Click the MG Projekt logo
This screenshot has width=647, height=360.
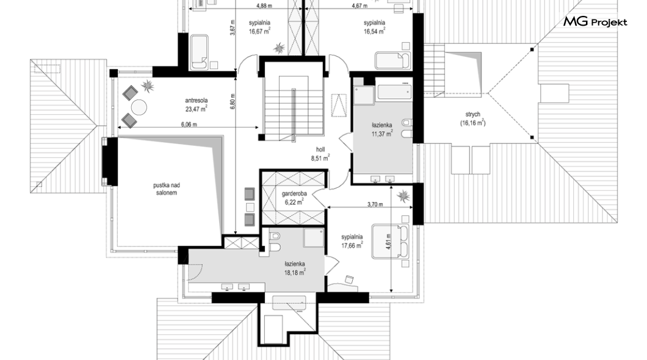point(595,21)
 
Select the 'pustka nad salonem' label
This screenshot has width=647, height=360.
point(166,189)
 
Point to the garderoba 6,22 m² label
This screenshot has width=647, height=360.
point(294,198)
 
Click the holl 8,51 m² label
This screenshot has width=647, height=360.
point(320,153)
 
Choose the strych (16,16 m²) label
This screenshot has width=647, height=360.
point(473,119)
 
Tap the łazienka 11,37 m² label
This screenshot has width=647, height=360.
point(381,129)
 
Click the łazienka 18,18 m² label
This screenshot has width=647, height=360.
point(295,268)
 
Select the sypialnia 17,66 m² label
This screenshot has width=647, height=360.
point(352,241)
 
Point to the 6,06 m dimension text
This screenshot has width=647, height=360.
point(189,124)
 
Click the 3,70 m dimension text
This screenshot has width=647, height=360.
point(375,204)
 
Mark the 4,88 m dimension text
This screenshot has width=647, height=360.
point(264,5)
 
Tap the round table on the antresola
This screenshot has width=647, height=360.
point(139,107)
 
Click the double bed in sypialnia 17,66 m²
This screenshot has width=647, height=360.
point(391,241)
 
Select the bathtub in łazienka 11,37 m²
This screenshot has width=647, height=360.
point(394,92)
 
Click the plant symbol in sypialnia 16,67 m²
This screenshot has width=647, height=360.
point(280,48)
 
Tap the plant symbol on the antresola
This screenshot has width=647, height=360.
point(147,86)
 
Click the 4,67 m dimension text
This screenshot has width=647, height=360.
point(360,5)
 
